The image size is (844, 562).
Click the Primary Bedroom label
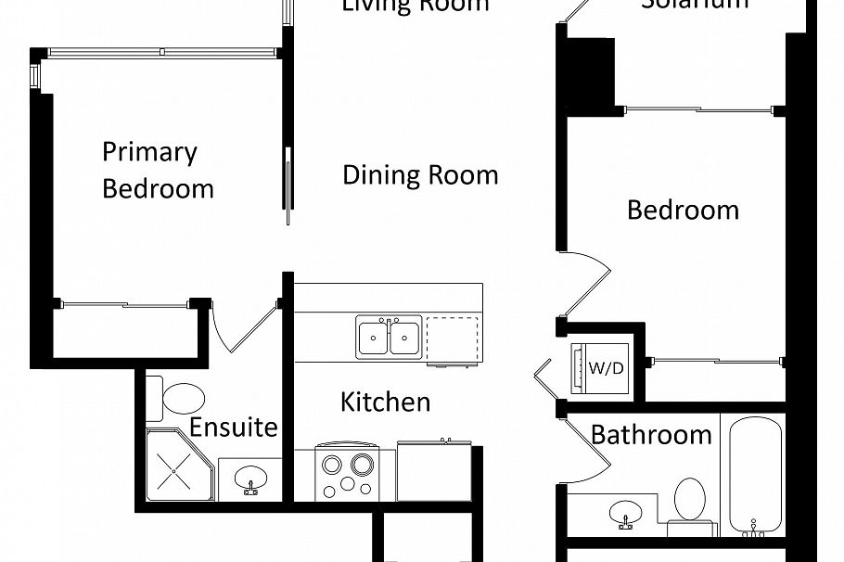158,171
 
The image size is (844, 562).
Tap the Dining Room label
420,174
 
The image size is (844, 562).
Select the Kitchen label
386,402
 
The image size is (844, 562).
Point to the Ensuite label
234,427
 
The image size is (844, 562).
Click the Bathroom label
651,434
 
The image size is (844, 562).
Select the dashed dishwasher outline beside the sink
454,338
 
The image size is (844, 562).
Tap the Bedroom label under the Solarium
683,210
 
